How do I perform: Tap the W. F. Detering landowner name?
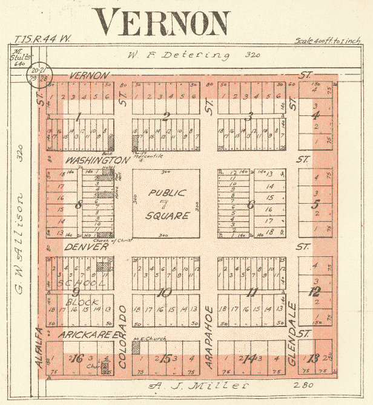(x=179, y=56)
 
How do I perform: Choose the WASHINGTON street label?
(x=97, y=160)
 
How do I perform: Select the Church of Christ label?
(x=97, y=240)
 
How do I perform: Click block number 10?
(x=165, y=293)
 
